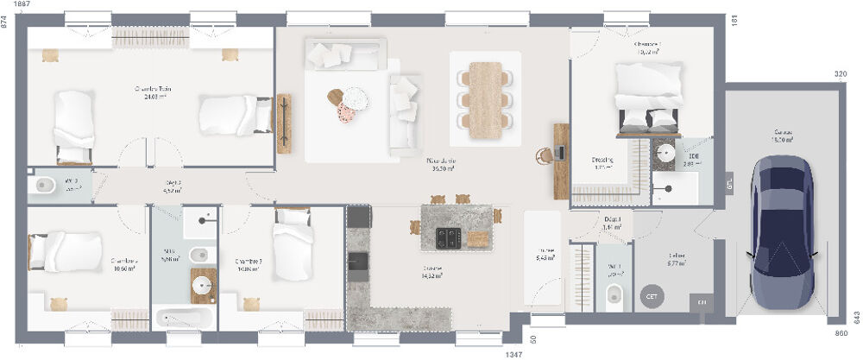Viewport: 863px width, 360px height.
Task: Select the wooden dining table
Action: (487, 99)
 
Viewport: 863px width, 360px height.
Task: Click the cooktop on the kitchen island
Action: (450, 235)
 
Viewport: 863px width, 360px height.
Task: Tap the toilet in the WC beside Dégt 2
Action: (45, 186)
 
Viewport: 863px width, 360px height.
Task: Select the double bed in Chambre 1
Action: (649, 96)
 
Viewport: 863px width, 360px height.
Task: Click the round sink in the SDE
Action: (665, 153)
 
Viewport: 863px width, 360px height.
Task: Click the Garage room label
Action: (783, 135)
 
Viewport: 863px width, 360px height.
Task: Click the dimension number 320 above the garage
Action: (841, 75)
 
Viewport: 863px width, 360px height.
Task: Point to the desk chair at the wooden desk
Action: (544, 155)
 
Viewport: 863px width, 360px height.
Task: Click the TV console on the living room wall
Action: (284, 123)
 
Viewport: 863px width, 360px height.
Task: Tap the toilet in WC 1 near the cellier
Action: (614, 294)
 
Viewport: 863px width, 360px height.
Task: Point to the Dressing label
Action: (602, 160)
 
